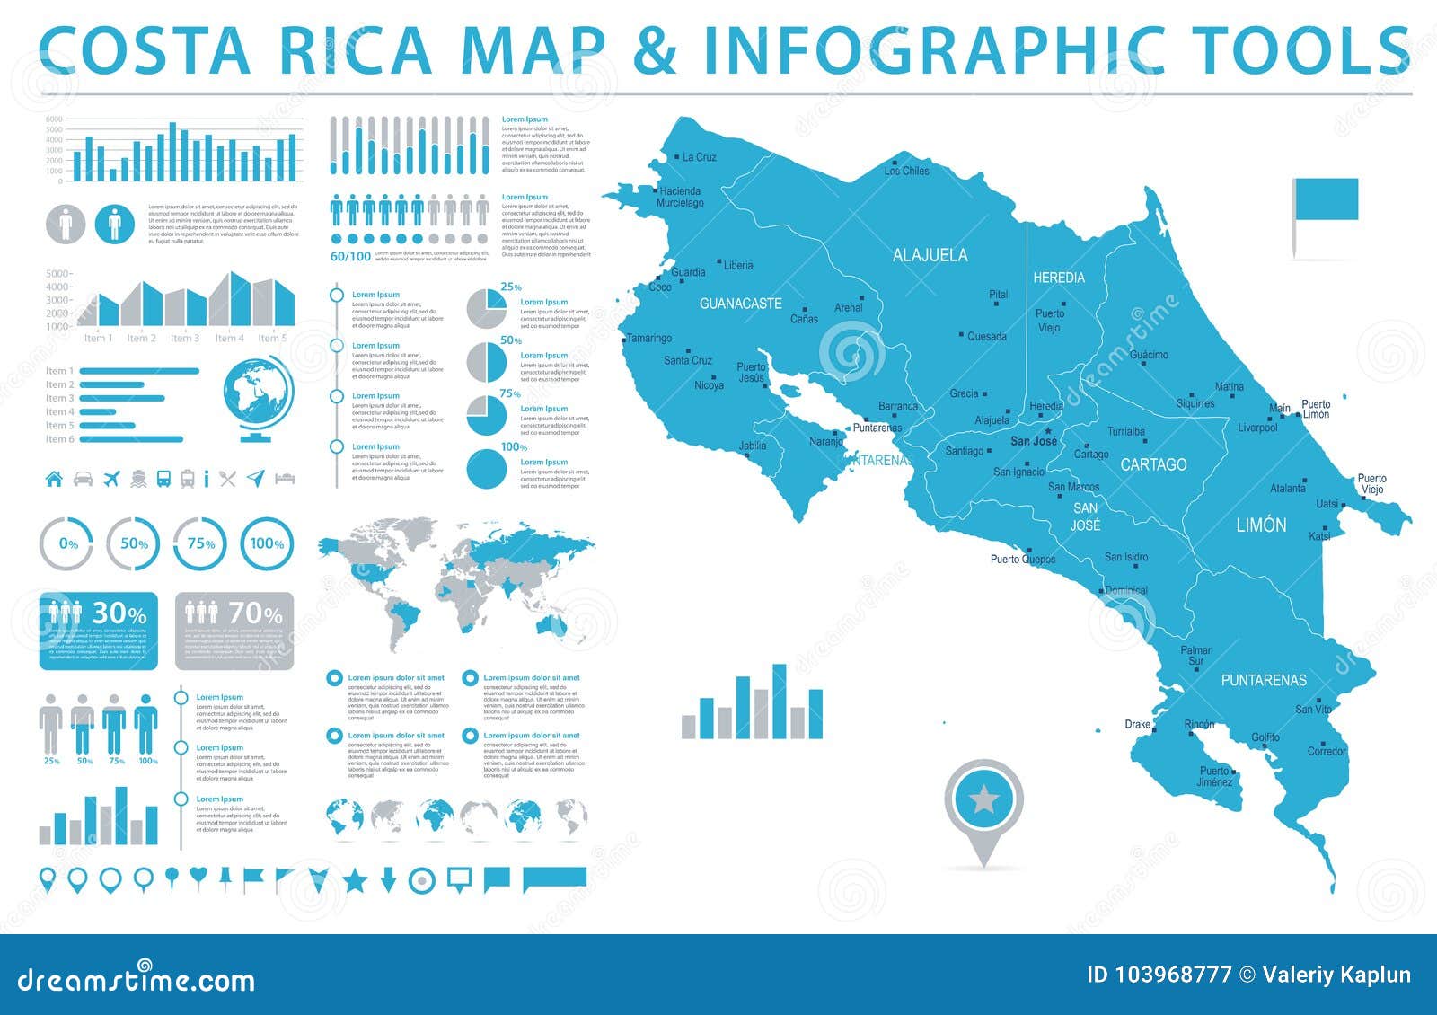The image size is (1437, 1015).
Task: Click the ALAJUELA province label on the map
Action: pos(930,255)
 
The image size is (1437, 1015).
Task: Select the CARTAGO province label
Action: pos(1153,464)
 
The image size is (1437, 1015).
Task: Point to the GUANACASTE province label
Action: pos(740,304)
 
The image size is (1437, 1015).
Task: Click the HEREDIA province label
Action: pos(1058,278)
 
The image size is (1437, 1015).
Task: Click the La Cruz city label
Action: pos(699,157)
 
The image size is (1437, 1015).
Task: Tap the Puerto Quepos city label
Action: pos(1023,559)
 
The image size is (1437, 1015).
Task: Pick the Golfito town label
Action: pos(1265,737)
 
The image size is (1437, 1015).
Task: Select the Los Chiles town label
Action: pos(906,171)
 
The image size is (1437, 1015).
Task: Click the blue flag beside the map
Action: pos(1326,199)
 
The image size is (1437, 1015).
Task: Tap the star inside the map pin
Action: pos(983,799)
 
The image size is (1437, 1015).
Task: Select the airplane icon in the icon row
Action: pos(111,479)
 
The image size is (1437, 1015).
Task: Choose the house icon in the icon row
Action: pos(54,479)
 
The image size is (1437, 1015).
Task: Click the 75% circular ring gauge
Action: pos(200,543)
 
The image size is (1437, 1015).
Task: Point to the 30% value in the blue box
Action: pos(119,613)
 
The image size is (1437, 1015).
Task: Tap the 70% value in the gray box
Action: pos(254,613)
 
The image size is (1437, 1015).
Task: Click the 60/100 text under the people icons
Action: pos(350,256)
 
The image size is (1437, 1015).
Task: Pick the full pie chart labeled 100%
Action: pos(487,468)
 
